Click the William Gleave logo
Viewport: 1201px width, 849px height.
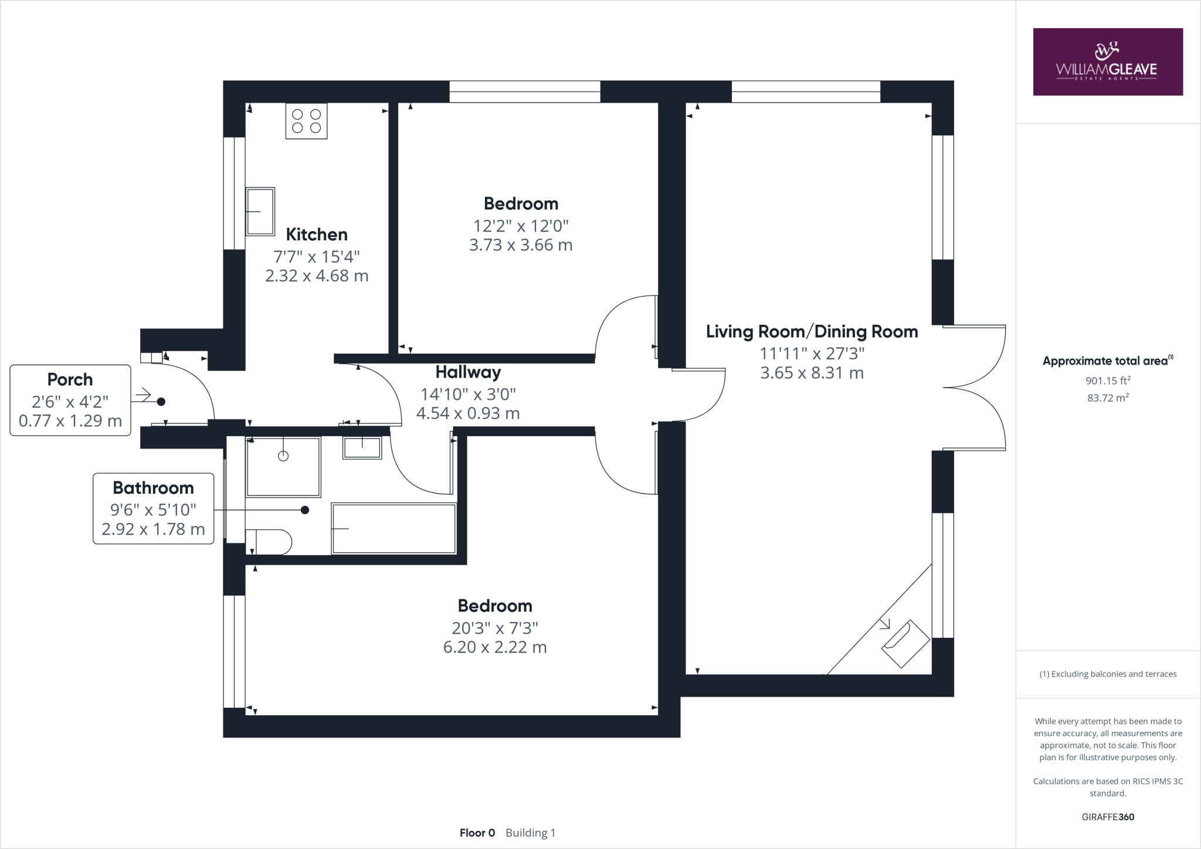1108,62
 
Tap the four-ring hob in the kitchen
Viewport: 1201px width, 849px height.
306,121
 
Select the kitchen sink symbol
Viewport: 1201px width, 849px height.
260,211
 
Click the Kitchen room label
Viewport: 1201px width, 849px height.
317,235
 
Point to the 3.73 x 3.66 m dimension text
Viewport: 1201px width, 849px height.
521,244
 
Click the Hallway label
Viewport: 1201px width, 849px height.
468,372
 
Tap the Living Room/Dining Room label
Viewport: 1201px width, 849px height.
812,331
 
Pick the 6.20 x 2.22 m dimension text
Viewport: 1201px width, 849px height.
495,647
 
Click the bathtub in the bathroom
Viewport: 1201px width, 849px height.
394,528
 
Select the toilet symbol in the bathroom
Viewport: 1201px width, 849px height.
269,542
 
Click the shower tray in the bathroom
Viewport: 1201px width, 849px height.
283,467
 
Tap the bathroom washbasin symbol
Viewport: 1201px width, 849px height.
362,448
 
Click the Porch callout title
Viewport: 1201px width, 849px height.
70,380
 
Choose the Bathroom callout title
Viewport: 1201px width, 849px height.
153,488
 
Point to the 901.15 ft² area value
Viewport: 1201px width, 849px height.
1108,381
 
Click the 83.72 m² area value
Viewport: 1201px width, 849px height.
1108,398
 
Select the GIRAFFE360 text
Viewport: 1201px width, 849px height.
1108,817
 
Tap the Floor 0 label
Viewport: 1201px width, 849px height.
477,833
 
